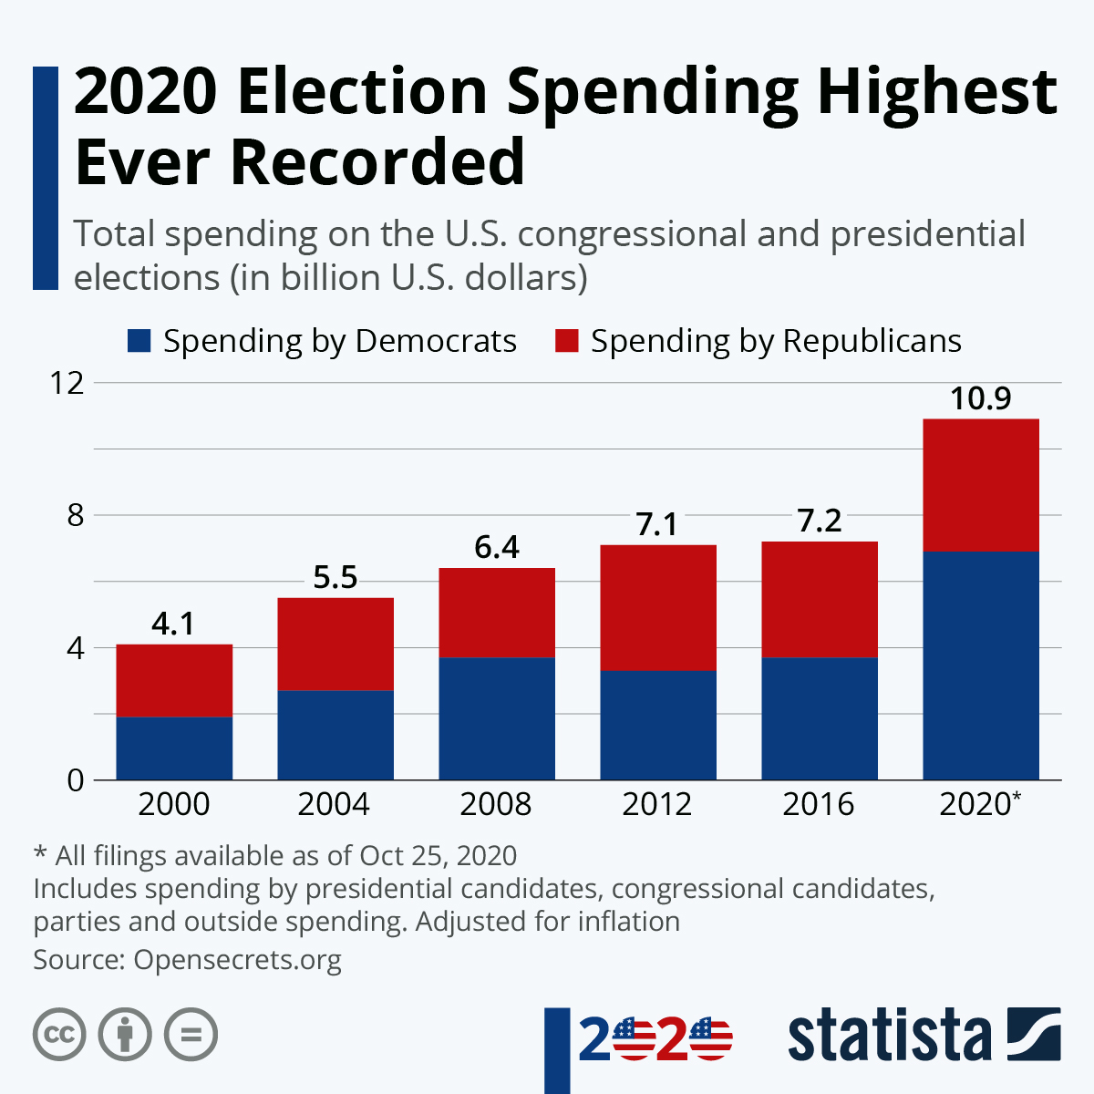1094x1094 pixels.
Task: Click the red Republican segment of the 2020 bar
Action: (x=981, y=485)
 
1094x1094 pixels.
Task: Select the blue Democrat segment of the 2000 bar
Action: (x=174, y=748)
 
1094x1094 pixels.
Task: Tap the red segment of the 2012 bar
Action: (x=658, y=607)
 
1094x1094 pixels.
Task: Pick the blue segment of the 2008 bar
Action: (x=497, y=718)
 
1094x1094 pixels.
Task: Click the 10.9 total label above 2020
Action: (x=981, y=399)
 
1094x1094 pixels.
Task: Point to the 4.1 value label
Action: (x=173, y=624)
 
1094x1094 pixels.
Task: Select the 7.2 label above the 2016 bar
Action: (x=819, y=521)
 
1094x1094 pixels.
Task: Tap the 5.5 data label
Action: (x=335, y=578)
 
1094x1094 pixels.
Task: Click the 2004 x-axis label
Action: (x=335, y=804)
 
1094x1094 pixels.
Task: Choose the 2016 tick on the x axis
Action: (x=819, y=804)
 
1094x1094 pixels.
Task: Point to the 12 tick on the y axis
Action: (x=67, y=383)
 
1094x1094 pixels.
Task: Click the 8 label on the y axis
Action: (x=75, y=516)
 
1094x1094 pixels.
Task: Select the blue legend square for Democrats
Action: (x=139, y=341)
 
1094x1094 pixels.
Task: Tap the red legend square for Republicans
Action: (x=566, y=341)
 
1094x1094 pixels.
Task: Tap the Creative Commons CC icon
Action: (x=59, y=1035)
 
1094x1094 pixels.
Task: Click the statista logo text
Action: (x=889, y=1036)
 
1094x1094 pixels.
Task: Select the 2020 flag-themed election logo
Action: (x=655, y=1038)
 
